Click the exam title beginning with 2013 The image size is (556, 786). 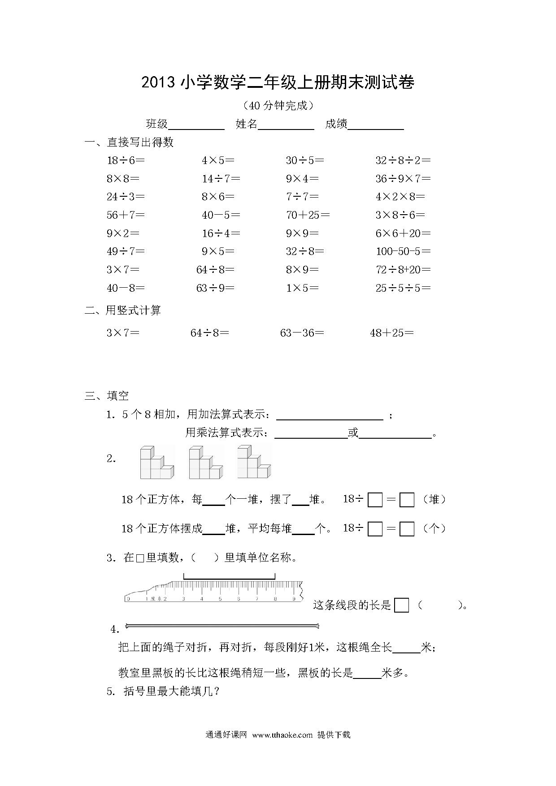[x=278, y=82]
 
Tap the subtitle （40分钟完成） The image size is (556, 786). [x=278, y=106]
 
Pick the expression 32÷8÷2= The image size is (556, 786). [x=403, y=160]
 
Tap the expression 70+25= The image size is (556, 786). [x=308, y=215]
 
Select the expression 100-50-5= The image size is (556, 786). [x=403, y=251]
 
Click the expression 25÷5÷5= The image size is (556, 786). [x=403, y=288]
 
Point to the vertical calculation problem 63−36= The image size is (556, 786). [x=302, y=333]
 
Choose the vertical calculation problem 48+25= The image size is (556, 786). [x=391, y=333]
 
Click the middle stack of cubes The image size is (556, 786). [x=205, y=462]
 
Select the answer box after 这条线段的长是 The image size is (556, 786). [x=401, y=605]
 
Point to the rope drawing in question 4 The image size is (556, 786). [x=222, y=626]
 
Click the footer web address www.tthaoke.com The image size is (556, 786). [x=282, y=735]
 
